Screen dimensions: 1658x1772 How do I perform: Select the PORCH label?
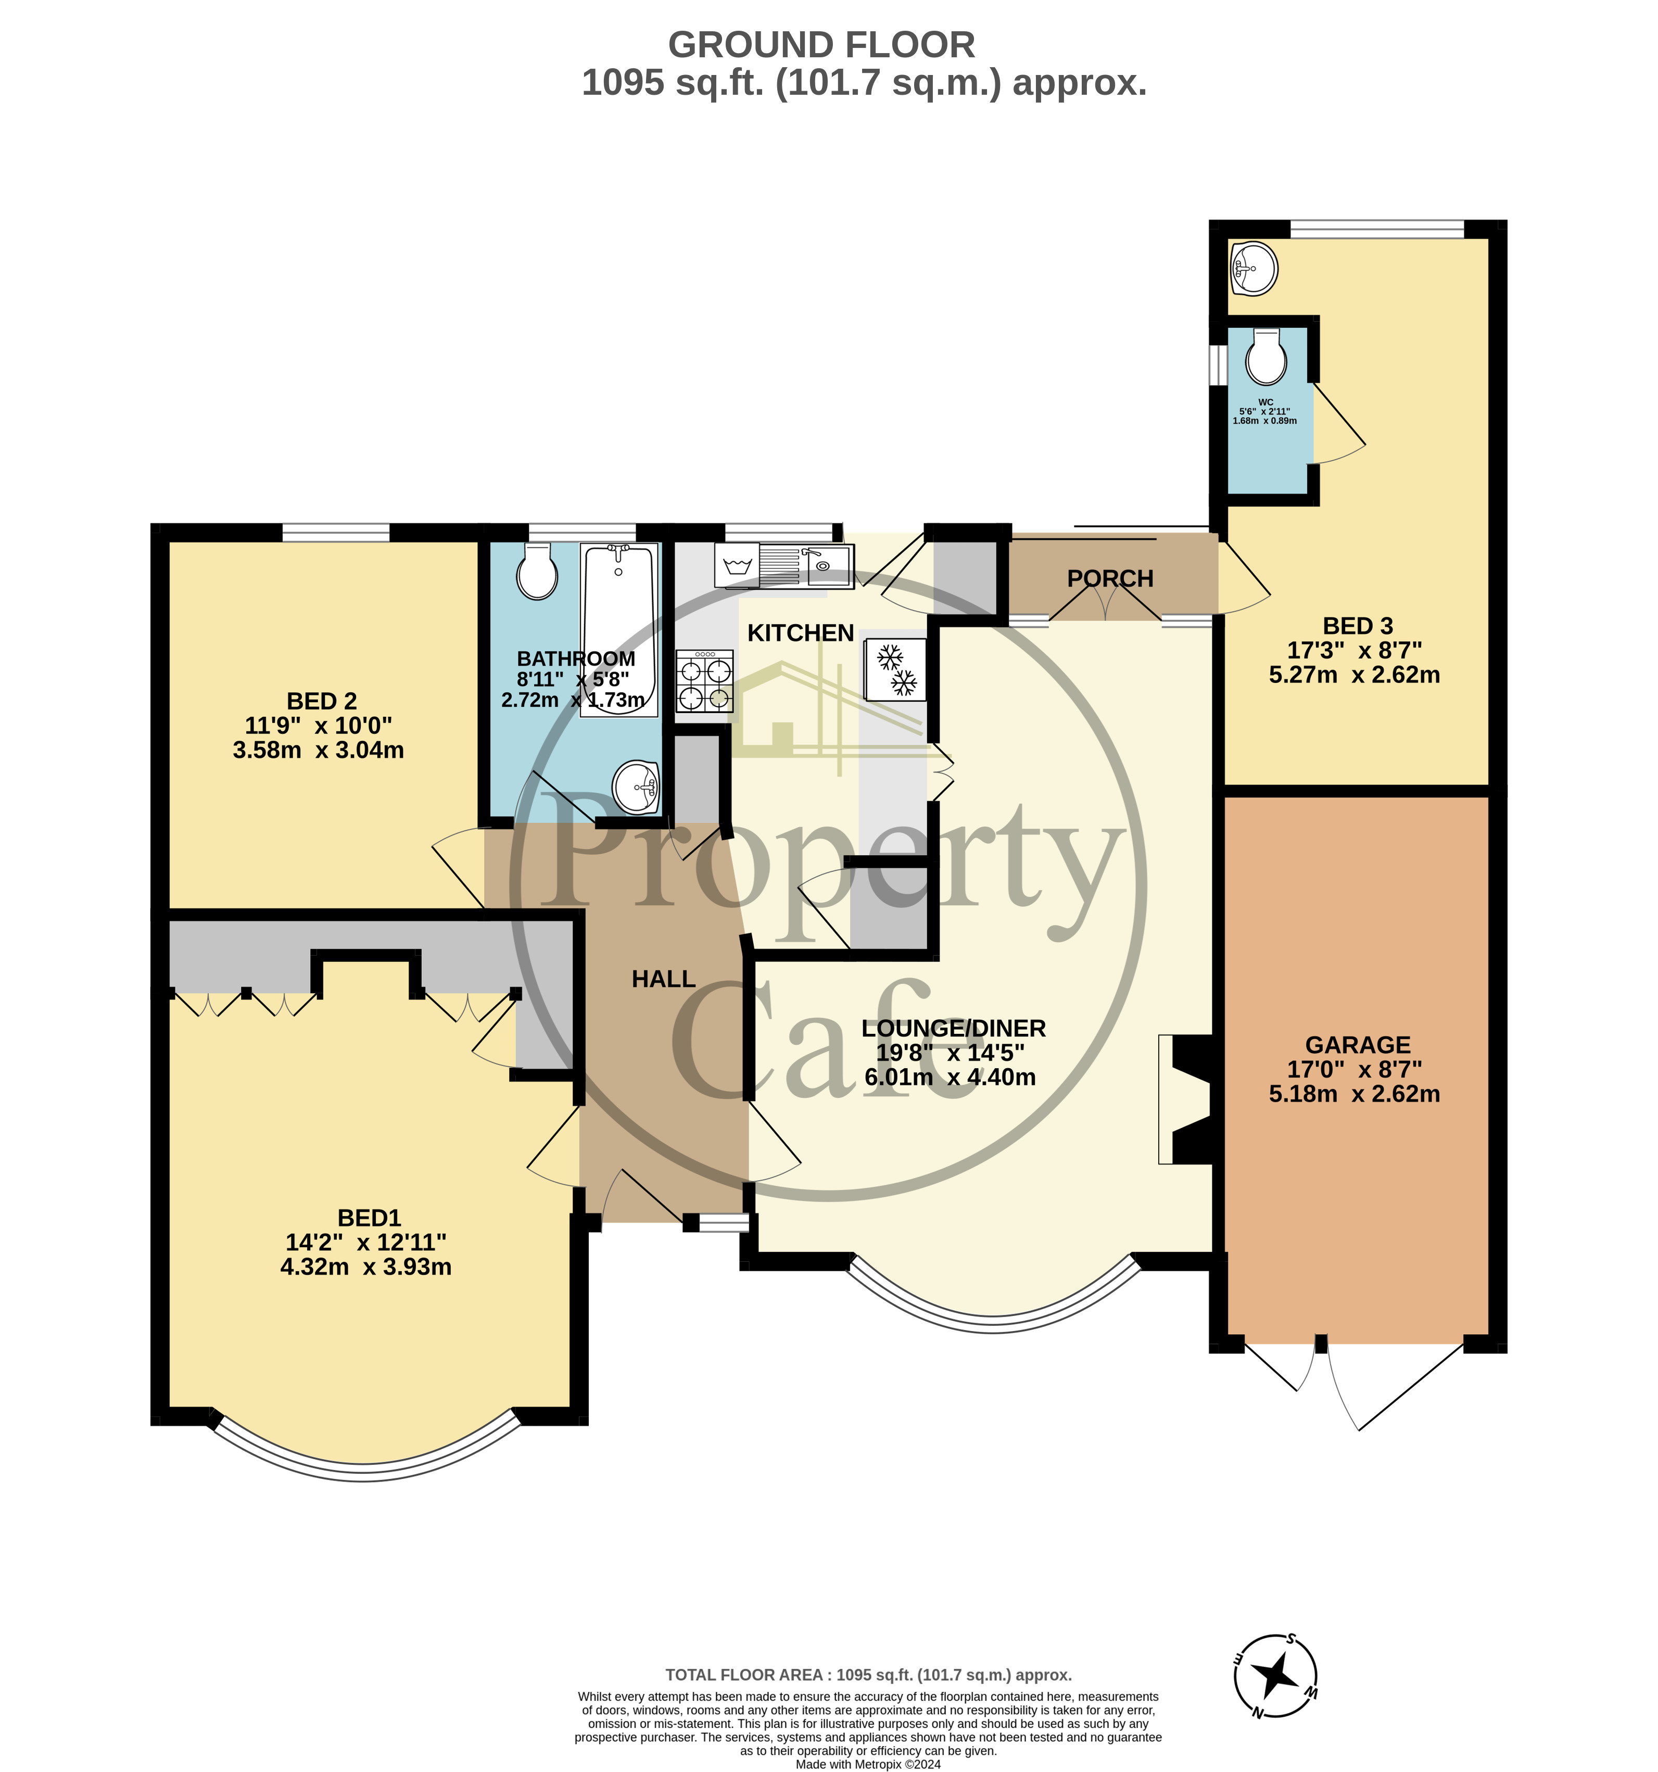1110,578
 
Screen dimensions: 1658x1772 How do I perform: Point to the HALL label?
663,979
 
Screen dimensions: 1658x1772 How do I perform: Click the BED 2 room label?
322,702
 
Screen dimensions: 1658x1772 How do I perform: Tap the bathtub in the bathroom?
619,630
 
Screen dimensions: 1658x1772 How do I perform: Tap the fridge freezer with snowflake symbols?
894,670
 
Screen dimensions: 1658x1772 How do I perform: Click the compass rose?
1275,1677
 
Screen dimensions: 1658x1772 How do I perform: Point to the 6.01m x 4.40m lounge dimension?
950,1077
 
